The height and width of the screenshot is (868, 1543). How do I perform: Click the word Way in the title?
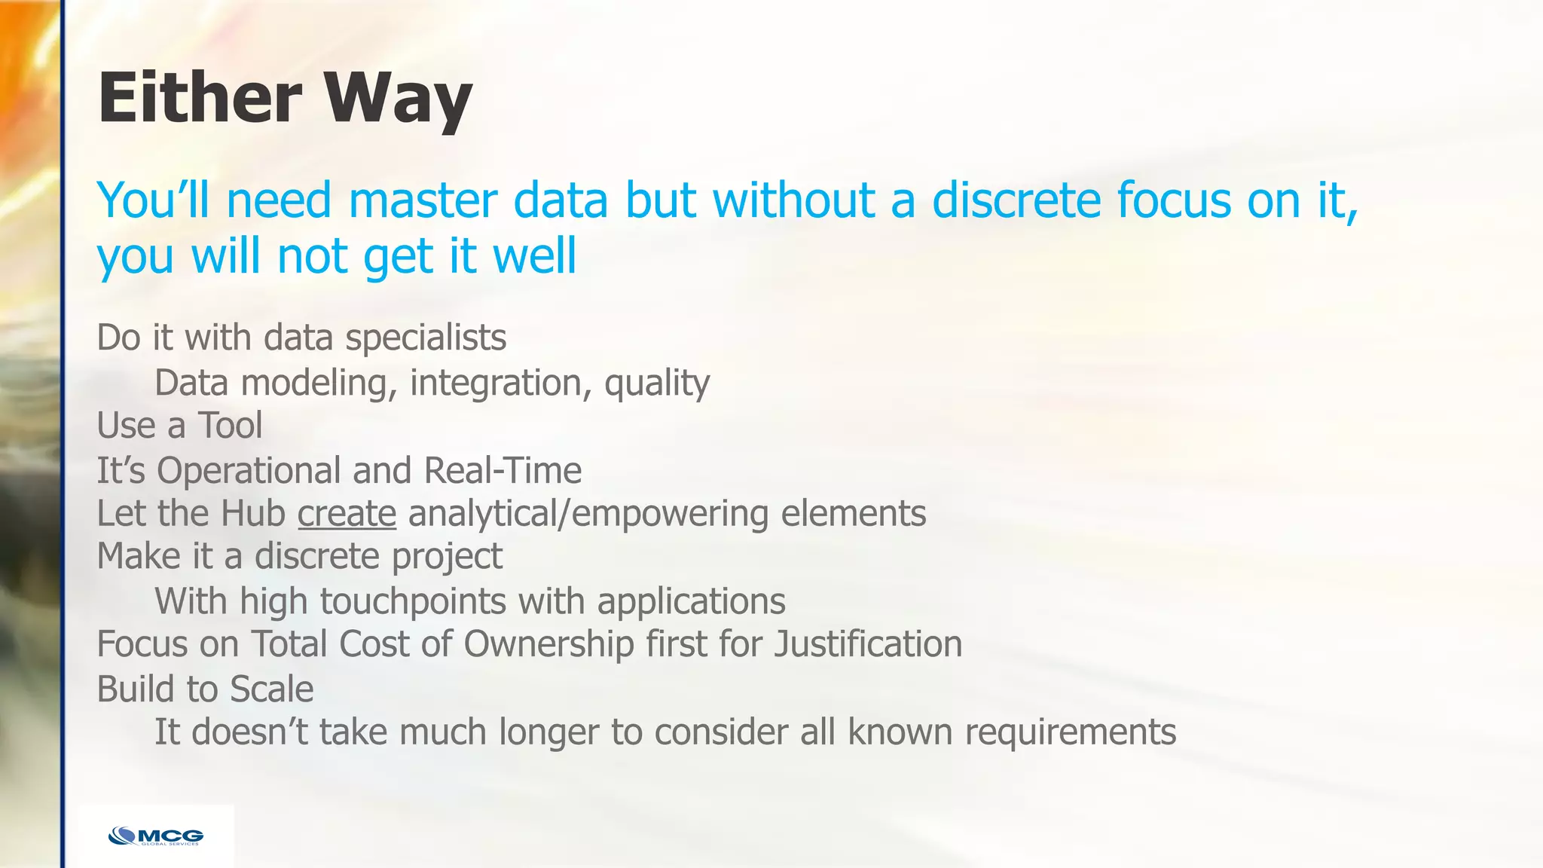[398, 99]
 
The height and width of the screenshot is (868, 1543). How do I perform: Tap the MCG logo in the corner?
[156, 836]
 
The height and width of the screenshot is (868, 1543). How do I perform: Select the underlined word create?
[347, 514]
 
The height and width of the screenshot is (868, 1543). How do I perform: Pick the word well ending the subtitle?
[534, 256]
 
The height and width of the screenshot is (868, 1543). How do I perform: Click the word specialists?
[426, 338]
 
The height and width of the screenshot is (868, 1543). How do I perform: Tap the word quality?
[656, 384]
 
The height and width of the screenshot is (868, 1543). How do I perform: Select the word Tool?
[230, 426]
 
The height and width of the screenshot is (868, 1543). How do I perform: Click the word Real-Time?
[503, 471]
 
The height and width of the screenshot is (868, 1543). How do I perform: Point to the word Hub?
[253, 514]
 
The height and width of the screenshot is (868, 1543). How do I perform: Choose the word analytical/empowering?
[588, 514]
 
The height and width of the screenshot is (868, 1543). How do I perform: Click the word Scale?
[271, 689]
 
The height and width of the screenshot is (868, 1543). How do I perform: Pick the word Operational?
[248, 471]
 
